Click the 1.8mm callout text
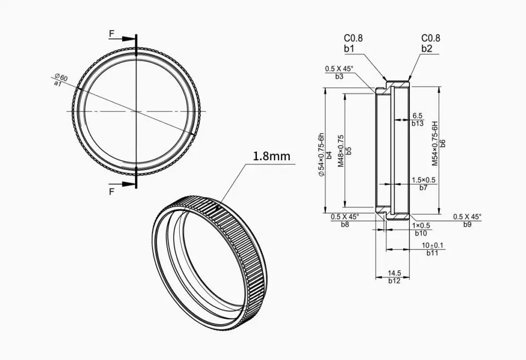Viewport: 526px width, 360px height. pyautogui.click(x=271, y=156)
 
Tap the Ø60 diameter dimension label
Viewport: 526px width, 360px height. pyautogui.click(x=62, y=77)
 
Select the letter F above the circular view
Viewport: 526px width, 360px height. pyautogui.click(x=111, y=33)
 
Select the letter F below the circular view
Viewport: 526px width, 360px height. pyautogui.click(x=111, y=192)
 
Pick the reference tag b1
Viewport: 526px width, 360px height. pyautogui.click(x=349, y=49)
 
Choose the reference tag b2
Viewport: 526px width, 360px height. pyautogui.click(x=427, y=49)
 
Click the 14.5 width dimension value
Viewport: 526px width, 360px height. pyautogui.click(x=394, y=273)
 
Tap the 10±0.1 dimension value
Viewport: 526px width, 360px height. pyautogui.click(x=433, y=245)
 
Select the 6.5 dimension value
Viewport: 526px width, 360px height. pyautogui.click(x=417, y=116)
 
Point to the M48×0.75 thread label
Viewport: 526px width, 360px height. pyautogui.click(x=341, y=151)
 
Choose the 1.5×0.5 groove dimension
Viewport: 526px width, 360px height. pyautogui.click(x=423, y=180)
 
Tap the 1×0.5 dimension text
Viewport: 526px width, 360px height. pyautogui.click(x=421, y=226)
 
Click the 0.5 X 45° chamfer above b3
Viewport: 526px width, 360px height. pyautogui.click(x=339, y=69)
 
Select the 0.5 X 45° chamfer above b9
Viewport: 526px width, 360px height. pyautogui.click(x=467, y=217)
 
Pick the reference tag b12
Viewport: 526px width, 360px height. pyautogui.click(x=394, y=281)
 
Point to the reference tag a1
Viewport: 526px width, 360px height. pyautogui.click(x=58, y=83)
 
